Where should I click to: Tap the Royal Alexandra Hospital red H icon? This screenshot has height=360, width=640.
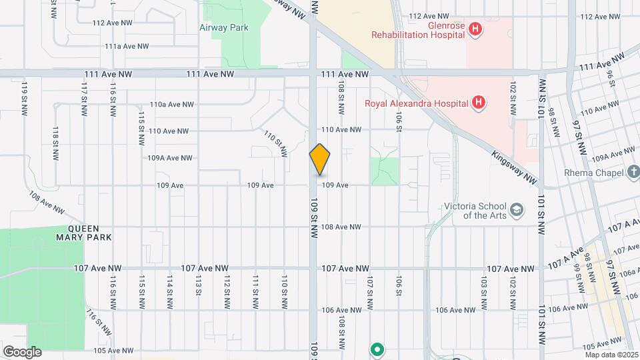point(478,103)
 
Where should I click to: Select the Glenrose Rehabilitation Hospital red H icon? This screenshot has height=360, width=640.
point(475,29)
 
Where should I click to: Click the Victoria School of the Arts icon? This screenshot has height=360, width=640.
point(516,211)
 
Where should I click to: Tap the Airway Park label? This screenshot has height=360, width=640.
point(224,28)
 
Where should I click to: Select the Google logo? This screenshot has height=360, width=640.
point(22,351)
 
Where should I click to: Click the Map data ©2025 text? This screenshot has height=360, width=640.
point(611,355)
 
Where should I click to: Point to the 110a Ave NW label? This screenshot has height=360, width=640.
point(172,104)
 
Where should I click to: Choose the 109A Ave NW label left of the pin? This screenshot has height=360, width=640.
point(170,158)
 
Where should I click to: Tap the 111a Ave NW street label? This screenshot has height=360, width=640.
point(127,47)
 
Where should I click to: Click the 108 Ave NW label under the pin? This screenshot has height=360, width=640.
point(341,227)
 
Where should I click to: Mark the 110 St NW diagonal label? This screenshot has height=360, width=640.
point(275,143)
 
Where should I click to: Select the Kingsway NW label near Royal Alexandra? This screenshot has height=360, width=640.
point(514,167)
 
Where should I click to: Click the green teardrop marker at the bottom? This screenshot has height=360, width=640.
point(377,349)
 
